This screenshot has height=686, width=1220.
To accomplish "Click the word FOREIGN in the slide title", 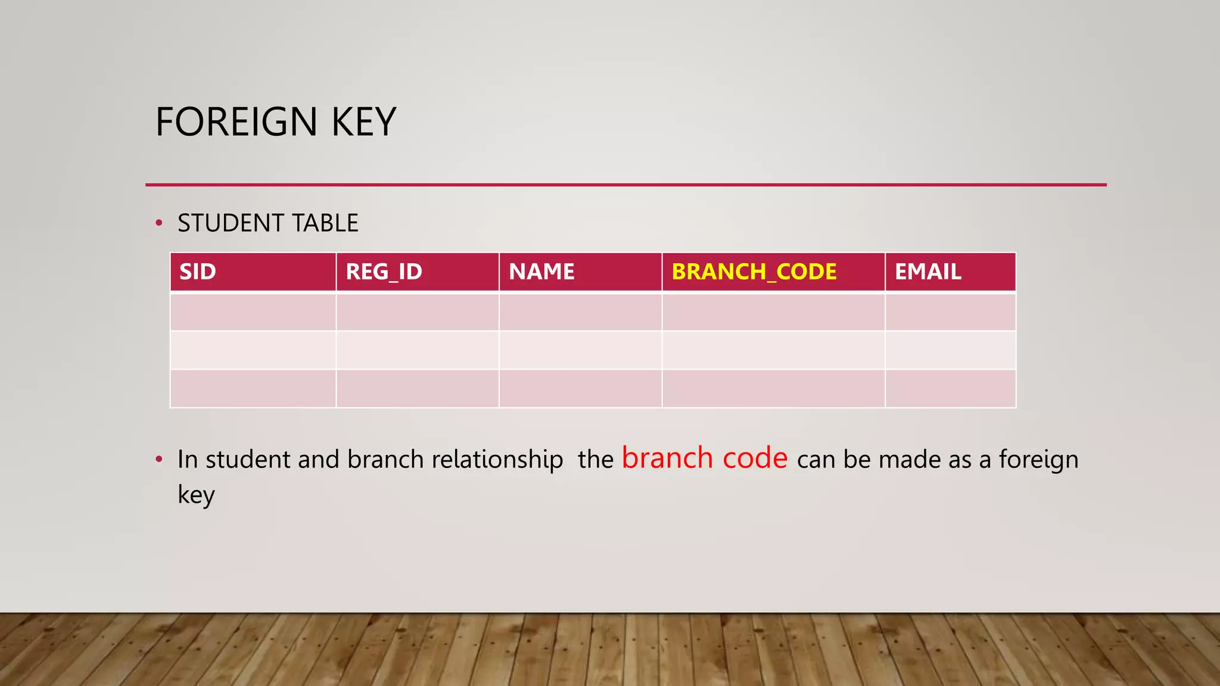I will click(x=236, y=122).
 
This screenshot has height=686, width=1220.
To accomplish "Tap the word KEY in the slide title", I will click(x=363, y=122).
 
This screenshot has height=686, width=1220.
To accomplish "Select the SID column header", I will click(x=198, y=272).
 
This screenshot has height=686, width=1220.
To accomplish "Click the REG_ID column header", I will click(x=384, y=272).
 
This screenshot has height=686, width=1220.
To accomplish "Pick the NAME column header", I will click(x=541, y=272).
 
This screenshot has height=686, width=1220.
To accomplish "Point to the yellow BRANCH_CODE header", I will click(x=754, y=272).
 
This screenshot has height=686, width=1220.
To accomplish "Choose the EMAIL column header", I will click(x=928, y=272).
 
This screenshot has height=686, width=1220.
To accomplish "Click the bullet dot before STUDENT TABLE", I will click(x=158, y=223).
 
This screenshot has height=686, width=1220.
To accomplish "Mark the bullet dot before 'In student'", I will click(x=158, y=459).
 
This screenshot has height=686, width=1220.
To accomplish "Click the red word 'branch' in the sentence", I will click(x=667, y=458).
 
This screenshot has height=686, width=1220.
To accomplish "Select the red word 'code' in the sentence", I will click(x=755, y=458).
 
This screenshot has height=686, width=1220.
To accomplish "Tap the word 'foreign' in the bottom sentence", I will click(x=1038, y=459).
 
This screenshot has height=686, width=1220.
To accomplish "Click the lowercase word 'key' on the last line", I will click(x=196, y=495).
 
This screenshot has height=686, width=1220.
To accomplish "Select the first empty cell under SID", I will click(x=253, y=311).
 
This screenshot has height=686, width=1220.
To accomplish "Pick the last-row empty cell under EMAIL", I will click(x=950, y=388).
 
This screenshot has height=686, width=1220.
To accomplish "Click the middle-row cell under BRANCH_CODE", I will click(x=773, y=350).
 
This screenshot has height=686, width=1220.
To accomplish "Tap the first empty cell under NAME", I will click(x=580, y=311).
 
